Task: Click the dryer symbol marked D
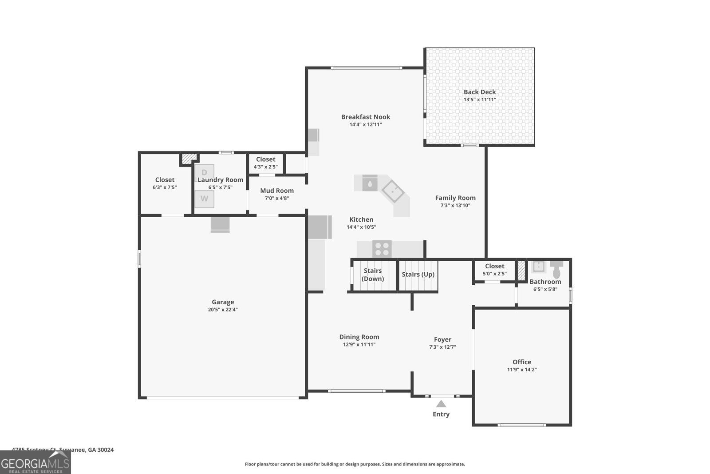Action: pyautogui.click(x=204, y=172)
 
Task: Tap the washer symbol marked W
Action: pyautogui.click(x=204, y=199)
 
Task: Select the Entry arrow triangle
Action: pyautogui.click(x=441, y=404)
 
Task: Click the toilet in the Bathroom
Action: pyautogui.click(x=556, y=269)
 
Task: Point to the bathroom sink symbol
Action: pyautogui.click(x=538, y=266)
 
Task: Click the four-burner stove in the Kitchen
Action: pyautogui.click(x=382, y=249)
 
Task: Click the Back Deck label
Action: pyautogui.click(x=480, y=92)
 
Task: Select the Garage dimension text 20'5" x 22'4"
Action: pyautogui.click(x=223, y=310)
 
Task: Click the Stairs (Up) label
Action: pyautogui.click(x=418, y=275)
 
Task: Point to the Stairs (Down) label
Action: pyautogui.click(x=373, y=275)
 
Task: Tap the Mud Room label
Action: pyautogui.click(x=277, y=191)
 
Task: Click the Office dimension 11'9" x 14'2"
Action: pyautogui.click(x=522, y=370)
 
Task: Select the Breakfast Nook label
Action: pyautogui.click(x=366, y=117)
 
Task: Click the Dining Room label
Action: pyautogui.click(x=359, y=337)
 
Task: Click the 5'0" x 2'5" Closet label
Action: pyautogui.click(x=494, y=266)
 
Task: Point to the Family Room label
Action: pyautogui.click(x=455, y=198)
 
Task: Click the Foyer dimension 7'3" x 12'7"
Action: pyautogui.click(x=442, y=347)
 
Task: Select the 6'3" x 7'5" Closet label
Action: pyautogui.click(x=165, y=180)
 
